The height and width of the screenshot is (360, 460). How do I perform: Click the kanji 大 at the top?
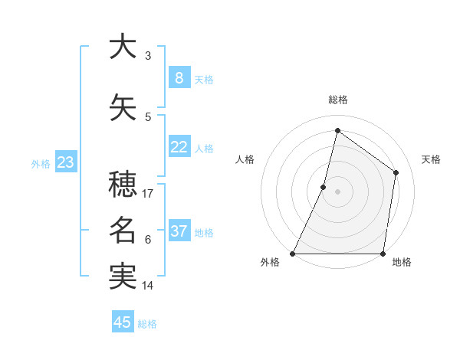pyautogui.click(x=123, y=47)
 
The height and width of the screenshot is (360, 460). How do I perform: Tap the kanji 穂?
pyautogui.click(x=123, y=185)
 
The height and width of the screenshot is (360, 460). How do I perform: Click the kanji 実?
pyautogui.click(x=123, y=277)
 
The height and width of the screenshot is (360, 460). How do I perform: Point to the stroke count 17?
pyautogui.click(x=149, y=194)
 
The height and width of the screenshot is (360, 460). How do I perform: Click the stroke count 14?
pyautogui.click(x=149, y=286)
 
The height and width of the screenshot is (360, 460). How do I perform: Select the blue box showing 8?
pyautogui.click(x=179, y=78)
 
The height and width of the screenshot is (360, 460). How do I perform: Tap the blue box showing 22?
pyautogui.click(x=179, y=147)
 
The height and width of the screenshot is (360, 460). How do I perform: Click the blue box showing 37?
pyautogui.click(x=179, y=231)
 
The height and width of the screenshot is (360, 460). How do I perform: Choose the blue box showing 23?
pyautogui.click(x=66, y=162)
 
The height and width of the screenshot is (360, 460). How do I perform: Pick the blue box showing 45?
pyautogui.click(x=123, y=322)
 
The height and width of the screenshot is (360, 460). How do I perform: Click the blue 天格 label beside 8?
pyautogui.click(x=204, y=80)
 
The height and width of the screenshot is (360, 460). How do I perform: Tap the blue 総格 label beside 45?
pyautogui.click(x=147, y=324)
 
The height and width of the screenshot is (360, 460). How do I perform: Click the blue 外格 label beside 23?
pyautogui.click(x=40, y=164)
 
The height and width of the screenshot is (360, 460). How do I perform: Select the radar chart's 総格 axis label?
pyautogui.click(x=337, y=100)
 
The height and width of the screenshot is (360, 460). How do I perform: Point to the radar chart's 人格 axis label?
pyautogui.click(x=245, y=159)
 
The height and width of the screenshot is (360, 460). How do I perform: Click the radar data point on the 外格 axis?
pyautogui.click(x=293, y=254)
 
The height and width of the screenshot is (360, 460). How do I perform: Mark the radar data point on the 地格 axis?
pyautogui.click(x=383, y=254)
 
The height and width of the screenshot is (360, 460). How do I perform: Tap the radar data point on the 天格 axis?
pyautogui.click(x=396, y=172)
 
